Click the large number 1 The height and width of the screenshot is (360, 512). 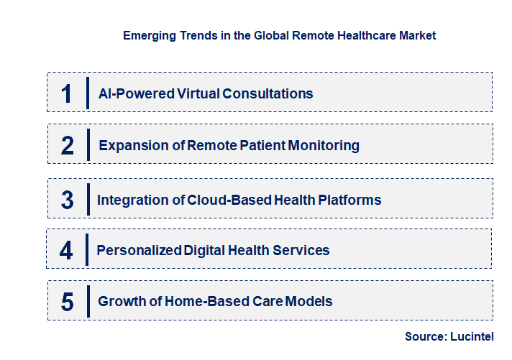[x=67, y=93]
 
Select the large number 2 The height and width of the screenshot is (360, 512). [x=68, y=145]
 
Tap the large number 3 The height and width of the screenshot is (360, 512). [x=68, y=200]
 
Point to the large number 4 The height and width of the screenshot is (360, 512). [x=67, y=250]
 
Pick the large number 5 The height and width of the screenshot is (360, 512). [x=68, y=301]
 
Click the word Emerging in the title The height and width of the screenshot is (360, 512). [x=149, y=35]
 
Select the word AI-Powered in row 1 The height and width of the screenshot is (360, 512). [x=132, y=93]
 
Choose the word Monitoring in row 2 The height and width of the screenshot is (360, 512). [x=324, y=145]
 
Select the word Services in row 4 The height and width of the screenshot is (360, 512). [x=303, y=250]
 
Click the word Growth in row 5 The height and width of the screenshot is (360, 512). [x=121, y=301]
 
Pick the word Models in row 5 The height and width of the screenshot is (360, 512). [x=310, y=301]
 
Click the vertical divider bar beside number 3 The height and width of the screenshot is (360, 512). [x=86, y=198]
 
